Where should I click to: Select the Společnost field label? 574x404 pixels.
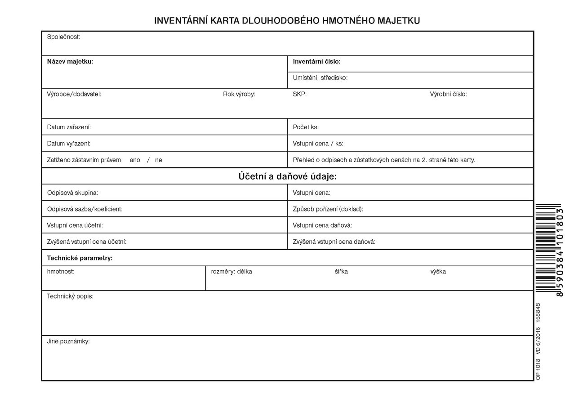[63, 37]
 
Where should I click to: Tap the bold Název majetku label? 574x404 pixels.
[70, 61]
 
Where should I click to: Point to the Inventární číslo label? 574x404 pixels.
[316, 61]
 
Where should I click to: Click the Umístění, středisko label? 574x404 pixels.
[320, 78]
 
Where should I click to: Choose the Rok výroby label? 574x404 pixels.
[239, 94]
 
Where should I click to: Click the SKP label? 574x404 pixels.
[299, 94]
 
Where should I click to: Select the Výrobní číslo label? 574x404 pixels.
[448, 94]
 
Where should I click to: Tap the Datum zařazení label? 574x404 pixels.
[69, 127]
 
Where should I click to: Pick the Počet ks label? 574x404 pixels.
[306, 127]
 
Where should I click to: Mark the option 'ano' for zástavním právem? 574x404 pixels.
[135, 160]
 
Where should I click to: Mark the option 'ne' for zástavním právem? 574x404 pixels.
[158, 160]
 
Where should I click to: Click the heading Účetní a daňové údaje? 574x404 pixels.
[287, 176]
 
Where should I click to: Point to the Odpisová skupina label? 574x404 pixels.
[72, 193]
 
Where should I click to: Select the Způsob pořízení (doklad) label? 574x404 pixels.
[328, 209]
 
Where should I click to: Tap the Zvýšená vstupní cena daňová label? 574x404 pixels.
[334, 242]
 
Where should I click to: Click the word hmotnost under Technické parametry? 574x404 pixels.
[61, 271]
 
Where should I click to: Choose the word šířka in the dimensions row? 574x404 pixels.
[341, 271]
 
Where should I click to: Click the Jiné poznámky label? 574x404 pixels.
[68, 341]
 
